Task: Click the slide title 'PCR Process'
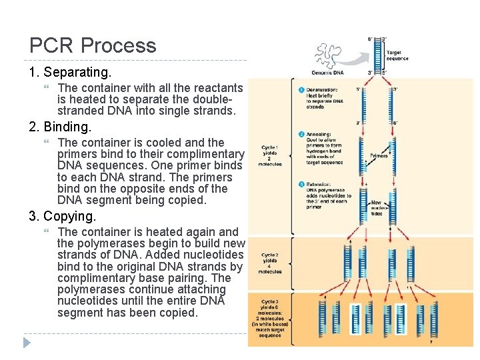click(x=93, y=45)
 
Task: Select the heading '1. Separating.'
click(x=70, y=71)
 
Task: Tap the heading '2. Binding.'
click(x=60, y=126)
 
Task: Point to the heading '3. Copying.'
click(x=63, y=216)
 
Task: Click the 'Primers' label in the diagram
click(x=378, y=156)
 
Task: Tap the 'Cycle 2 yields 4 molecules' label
click(x=271, y=263)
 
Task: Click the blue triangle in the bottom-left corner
click(x=27, y=343)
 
